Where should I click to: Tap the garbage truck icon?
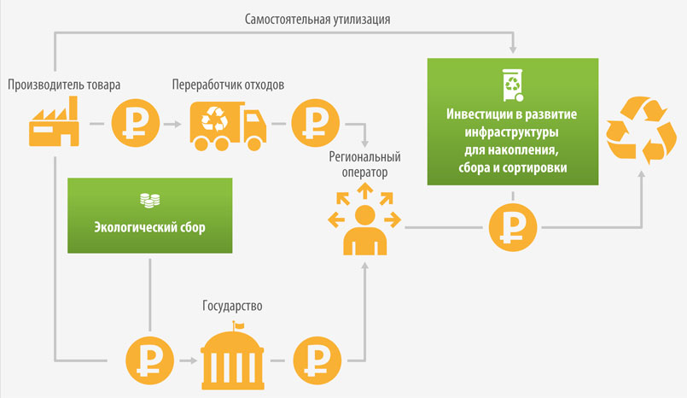[228, 126]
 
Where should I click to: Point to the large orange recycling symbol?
[641, 130]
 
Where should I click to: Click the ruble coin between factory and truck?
[136, 123]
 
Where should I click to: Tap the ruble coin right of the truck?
[316, 123]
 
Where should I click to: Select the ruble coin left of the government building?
[150, 360]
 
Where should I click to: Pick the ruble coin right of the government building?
[317, 360]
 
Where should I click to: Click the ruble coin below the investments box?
[513, 227]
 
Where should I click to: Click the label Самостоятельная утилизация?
[317, 20]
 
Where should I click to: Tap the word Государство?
[232, 306]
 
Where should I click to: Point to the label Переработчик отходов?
[228, 85]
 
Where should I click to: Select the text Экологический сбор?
[150, 227]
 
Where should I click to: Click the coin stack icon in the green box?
[150, 201]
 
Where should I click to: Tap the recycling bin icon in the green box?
[513, 85]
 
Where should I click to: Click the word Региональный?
[364, 157]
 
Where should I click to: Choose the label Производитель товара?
[64, 85]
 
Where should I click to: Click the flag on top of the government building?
[239, 325]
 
